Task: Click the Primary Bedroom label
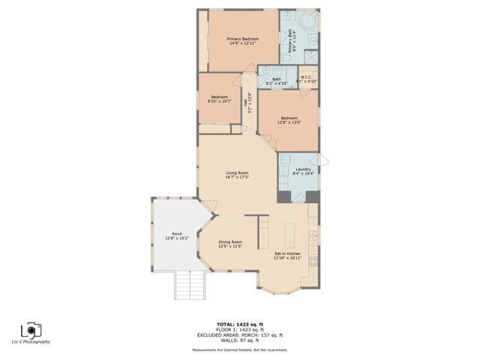click(x=243, y=39)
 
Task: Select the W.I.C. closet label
click(x=307, y=76)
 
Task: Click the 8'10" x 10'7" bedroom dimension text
click(x=220, y=101)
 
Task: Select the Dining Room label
click(x=230, y=241)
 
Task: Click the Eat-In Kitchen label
click(x=288, y=254)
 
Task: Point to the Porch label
click(x=177, y=234)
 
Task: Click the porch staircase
click(x=190, y=286)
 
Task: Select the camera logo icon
click(x=31, y=329)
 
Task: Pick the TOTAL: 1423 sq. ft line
click(x=240, y=324)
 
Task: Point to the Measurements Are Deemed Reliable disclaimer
click(x=240, y=350)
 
